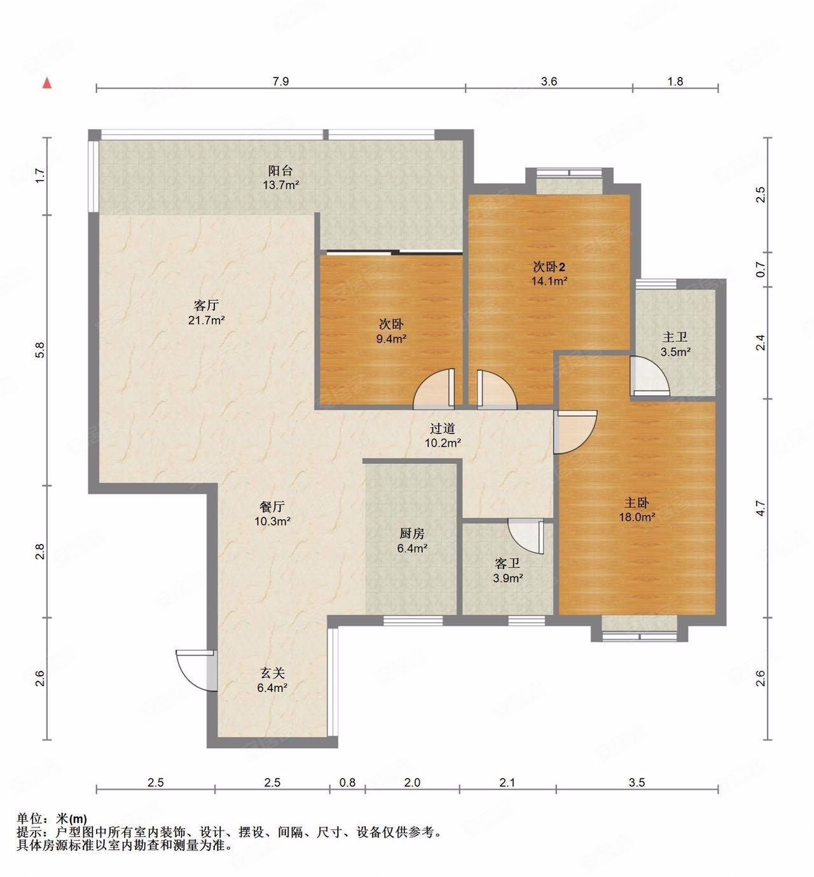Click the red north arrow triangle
point(47,83)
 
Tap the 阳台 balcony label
point(280,170)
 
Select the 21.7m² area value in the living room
point(207,320)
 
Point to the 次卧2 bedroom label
point(549,267)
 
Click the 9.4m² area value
point(391,339)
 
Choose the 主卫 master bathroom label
point(675,337)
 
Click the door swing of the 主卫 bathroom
point(649,376)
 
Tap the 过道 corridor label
point(443,428)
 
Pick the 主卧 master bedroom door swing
point(575,432)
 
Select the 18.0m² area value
point(637,517)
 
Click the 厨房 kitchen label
point(411,534)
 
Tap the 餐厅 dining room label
point(272,506)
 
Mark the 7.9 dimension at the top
point(280,81)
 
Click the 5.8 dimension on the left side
point(40,350)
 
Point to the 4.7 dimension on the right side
point(760,508)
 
